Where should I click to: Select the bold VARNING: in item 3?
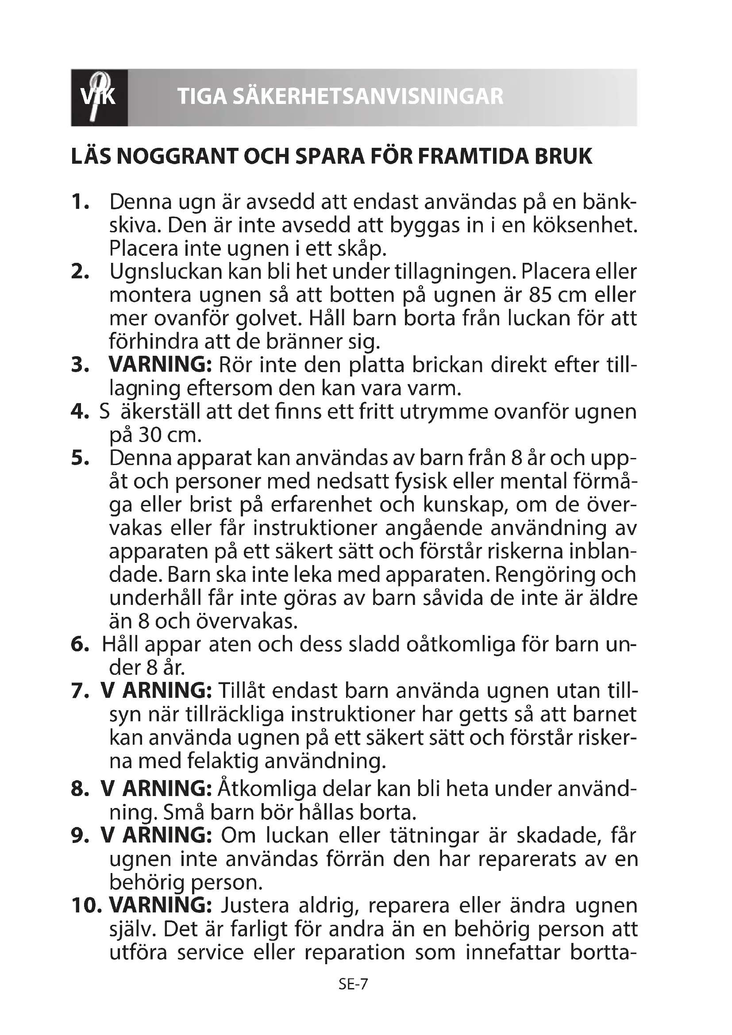coord(160,365)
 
